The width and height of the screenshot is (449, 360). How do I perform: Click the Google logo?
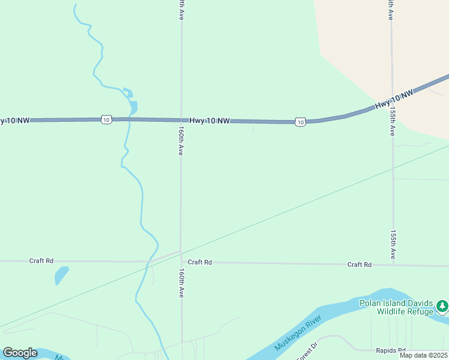20,353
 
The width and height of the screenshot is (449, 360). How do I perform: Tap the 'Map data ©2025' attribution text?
423,355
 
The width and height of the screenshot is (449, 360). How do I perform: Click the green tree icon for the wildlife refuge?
442,307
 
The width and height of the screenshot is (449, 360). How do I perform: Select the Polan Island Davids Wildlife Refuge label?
396,307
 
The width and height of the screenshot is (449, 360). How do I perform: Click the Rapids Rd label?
391,350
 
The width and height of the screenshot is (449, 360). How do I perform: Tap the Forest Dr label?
306,352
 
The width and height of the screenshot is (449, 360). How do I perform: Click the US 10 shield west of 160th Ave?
106,120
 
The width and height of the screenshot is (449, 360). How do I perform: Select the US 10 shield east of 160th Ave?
300,122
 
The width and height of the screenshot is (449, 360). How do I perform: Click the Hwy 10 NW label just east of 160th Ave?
209,121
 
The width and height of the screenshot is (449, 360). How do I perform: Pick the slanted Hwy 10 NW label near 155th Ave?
394,100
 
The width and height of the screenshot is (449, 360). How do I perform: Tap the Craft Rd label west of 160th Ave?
41,261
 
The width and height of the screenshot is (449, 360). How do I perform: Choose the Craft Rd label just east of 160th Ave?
200,262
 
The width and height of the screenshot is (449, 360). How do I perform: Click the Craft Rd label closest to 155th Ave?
360,265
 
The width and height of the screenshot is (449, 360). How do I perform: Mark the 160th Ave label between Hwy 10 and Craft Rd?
181,140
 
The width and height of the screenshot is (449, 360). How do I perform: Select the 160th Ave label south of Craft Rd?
181,283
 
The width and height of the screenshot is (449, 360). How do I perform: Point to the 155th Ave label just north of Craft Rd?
393,245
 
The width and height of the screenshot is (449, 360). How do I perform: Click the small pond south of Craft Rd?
61,275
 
